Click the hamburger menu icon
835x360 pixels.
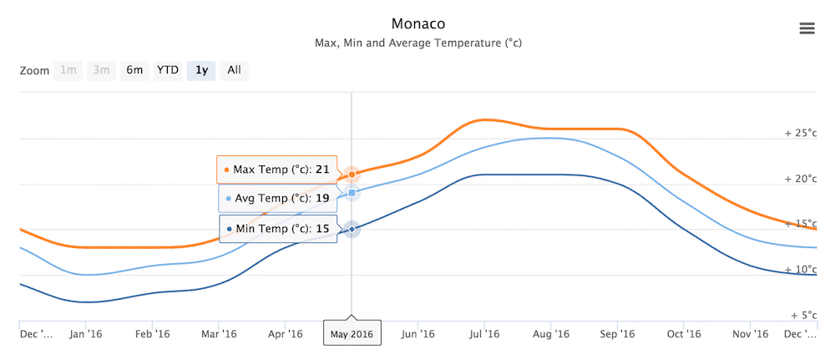[807, 28]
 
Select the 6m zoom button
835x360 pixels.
[134, 70]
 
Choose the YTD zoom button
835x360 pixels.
[168, 70]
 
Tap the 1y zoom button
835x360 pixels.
[201, 70]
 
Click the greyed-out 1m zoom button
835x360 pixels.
[68, 70]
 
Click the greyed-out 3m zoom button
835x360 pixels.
[101, 70]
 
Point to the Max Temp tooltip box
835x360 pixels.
[276, 170]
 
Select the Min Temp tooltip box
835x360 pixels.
[277, 228]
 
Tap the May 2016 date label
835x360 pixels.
[352, 334]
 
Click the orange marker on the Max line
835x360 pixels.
[352, 175]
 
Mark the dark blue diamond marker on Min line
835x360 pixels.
[352, 228]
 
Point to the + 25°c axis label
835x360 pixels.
[799, 133]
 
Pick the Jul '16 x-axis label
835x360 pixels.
[483, 334]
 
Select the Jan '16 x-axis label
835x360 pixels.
[86, 334]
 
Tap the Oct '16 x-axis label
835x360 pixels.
[683, 334]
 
